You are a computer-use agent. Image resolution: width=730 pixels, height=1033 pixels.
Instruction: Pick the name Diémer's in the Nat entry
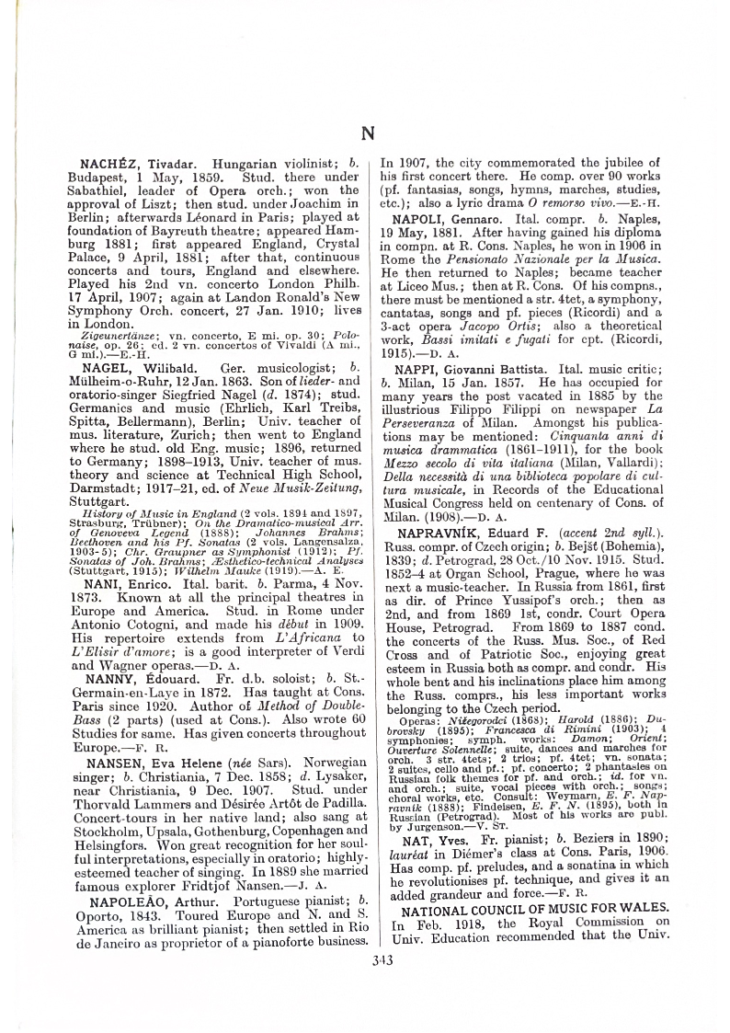pos(478,848)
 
